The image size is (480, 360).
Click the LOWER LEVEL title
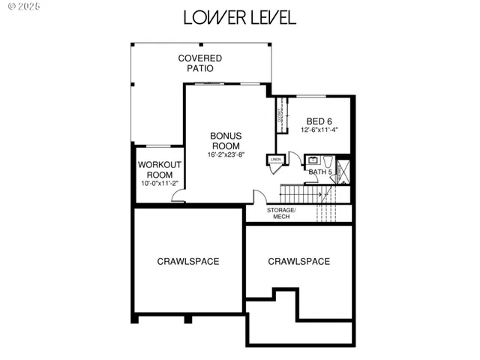239,17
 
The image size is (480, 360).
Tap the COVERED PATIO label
199,63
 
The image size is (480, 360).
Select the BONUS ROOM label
226,140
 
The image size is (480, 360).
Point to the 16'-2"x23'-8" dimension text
226,155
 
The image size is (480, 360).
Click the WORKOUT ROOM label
160,169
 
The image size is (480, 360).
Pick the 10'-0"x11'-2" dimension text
160,182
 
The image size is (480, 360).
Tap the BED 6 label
319,121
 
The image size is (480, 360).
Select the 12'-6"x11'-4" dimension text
320,130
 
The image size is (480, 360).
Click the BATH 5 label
320,172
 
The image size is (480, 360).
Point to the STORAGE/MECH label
281,213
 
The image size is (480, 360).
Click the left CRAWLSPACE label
187,261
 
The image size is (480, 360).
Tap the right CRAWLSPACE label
298,261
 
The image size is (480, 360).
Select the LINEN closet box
275,160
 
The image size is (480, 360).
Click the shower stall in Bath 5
344,171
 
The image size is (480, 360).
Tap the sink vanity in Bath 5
313,160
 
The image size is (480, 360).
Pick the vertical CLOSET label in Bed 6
280,115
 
